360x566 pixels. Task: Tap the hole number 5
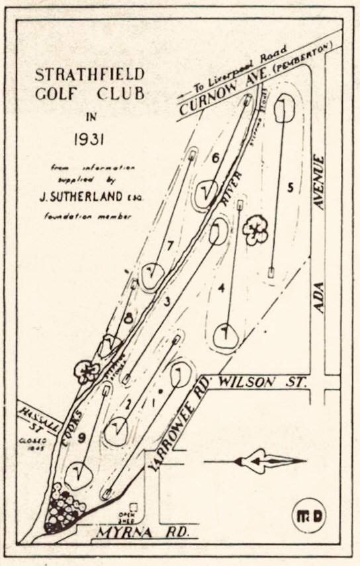point(290,187)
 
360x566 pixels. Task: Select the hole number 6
point(216,157)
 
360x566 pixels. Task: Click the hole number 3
point(167,302)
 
